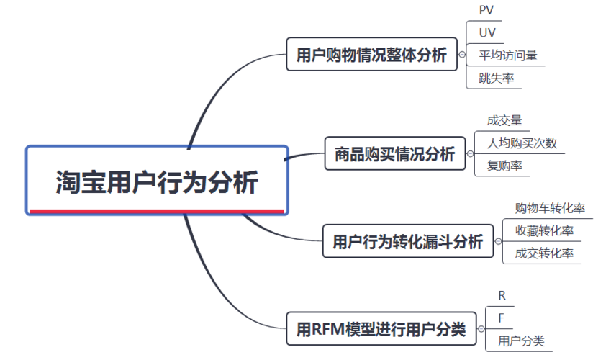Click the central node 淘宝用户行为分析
[x=156, y=181]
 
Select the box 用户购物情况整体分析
[x=371, y=54]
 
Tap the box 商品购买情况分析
[x=394, y=153]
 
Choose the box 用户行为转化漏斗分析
[x=407, y=241]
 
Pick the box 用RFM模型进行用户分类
[x=381, y=329]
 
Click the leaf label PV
[x=486, y=10]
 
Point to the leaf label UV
[x=487, y=32]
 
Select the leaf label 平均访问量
[x=508, y=55]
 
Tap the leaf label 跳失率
[x=496, y=78]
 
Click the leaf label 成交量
[x=504, y=120]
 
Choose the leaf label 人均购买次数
[x=522, y=143]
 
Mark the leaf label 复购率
[x=504, y=166]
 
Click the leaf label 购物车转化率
[x=550, y=208]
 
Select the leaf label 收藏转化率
[x=544, y=230]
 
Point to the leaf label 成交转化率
[x=544, y=253]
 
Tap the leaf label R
[x=502, y=295]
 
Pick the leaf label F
[x=502, y=318]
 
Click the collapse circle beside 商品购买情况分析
[x=470, y=153]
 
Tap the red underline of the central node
[x=156, y=212]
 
